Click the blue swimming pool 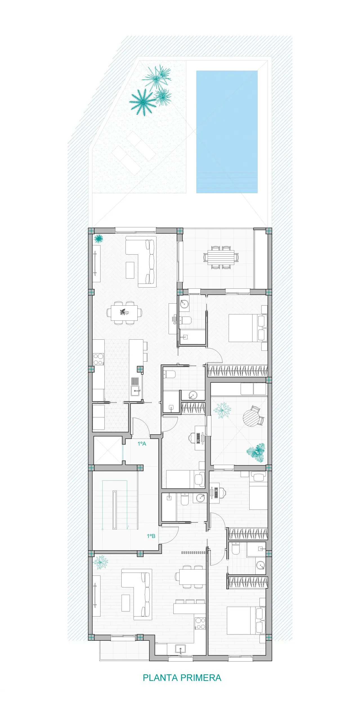point(227,132)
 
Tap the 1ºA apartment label point(142,444)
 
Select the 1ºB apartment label point(151,536)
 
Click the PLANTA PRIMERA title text point(182,678)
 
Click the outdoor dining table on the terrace point(221,258)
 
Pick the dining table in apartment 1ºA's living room point(124,313)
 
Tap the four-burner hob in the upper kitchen point(99,359)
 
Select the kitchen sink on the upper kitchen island point(135,390)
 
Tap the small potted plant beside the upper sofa point(98,239)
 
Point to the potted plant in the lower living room point(100,562)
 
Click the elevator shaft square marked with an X point(108,450)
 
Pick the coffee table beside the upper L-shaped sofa point(130,270)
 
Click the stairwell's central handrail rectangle point(115,510)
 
